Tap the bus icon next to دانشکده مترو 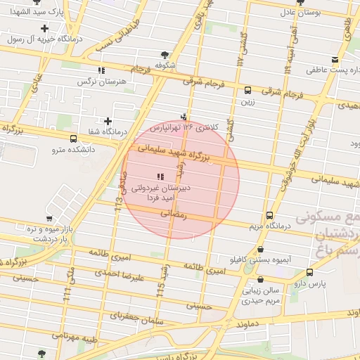click(74, 139)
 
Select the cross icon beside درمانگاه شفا click(108, 120)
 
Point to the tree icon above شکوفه click(165, 54)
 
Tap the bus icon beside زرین click(247, 90)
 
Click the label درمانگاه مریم click(268, 226)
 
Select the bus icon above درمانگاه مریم click(269, 215)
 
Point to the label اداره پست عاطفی click(333, 70)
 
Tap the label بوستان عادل click(300, 12)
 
